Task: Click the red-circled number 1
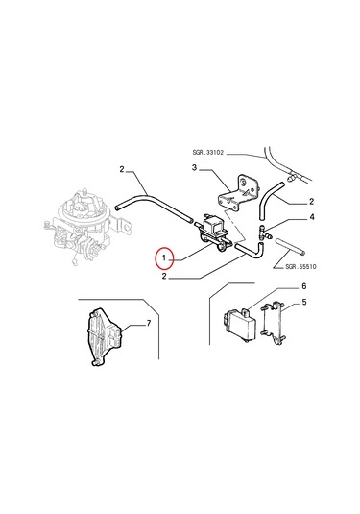click(164, 258)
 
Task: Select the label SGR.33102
click(207, 153)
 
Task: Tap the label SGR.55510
click(300, 266)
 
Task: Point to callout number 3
click(195, 168)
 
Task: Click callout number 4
click(312, 217)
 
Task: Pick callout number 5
click(304, 302)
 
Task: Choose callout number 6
click(304, 286)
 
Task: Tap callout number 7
click(149, 324)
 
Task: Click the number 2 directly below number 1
click(164, 277)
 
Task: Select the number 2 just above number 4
click(311, 201)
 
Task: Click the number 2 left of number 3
click(122, 169)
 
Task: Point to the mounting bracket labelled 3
click(237, 193)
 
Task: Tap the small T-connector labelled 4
click(264, 233)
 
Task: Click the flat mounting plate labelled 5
click(275, 323)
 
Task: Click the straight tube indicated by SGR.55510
click(291, 246)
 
